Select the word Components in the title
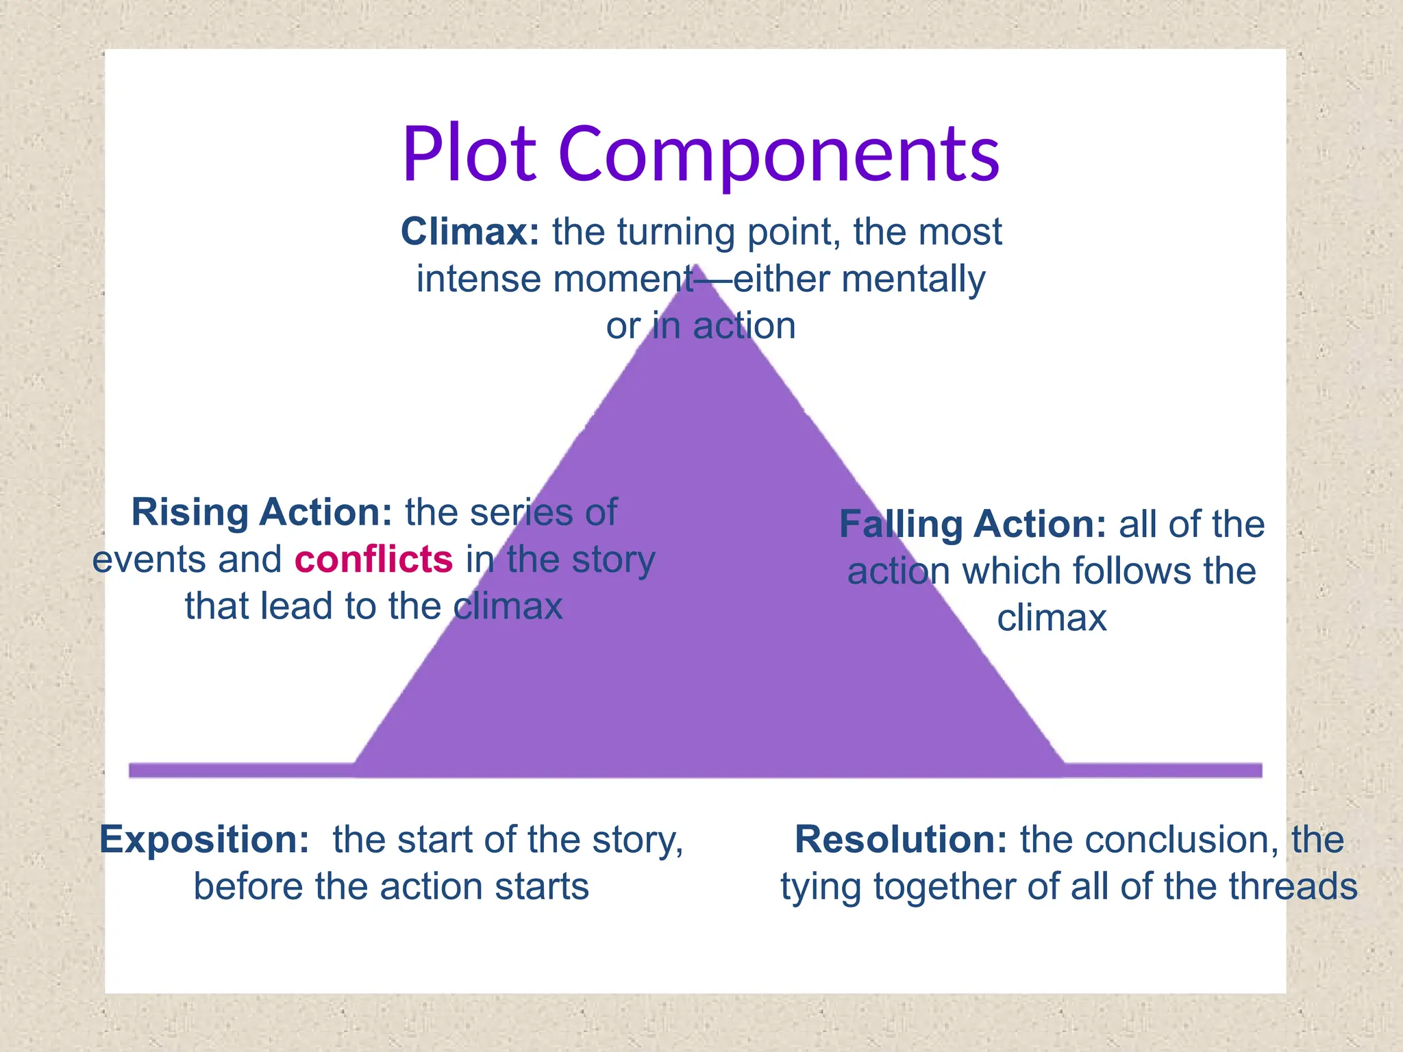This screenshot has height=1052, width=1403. click(780, 155)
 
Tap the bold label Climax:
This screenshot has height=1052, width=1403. click(470, 231)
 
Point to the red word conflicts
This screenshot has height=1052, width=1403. click(374, 559)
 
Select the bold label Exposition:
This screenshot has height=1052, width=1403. click(204, 840)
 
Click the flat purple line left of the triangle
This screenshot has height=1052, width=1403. click(240, 770)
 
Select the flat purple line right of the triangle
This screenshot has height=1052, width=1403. click(1165, 770)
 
